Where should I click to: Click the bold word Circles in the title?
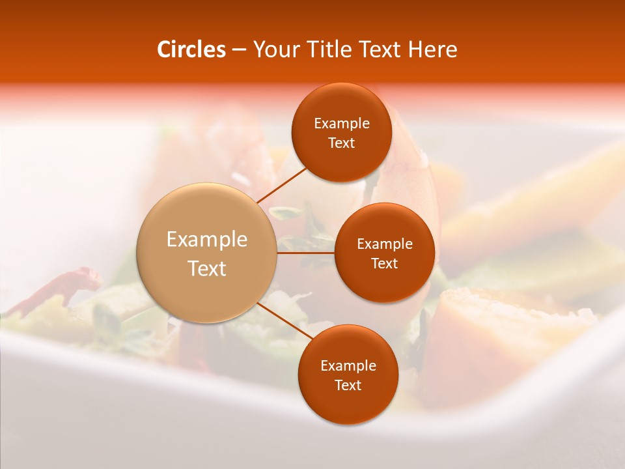(x=191, y=50)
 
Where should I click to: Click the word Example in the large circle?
(x=207, y=240)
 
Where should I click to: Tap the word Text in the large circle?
(x=207, y=268)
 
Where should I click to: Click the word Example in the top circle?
(x=342, y=124)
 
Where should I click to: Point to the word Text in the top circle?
(x=342, y=143)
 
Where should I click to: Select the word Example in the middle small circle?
(x=385, y=244)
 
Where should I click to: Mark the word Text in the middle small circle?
(x=385, y=264)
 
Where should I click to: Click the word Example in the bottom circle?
(x=348, y=366)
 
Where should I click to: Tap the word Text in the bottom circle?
(x=348, y=386)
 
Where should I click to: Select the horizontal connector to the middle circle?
(x=305, y=253)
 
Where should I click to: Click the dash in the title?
(x=239, y=50)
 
